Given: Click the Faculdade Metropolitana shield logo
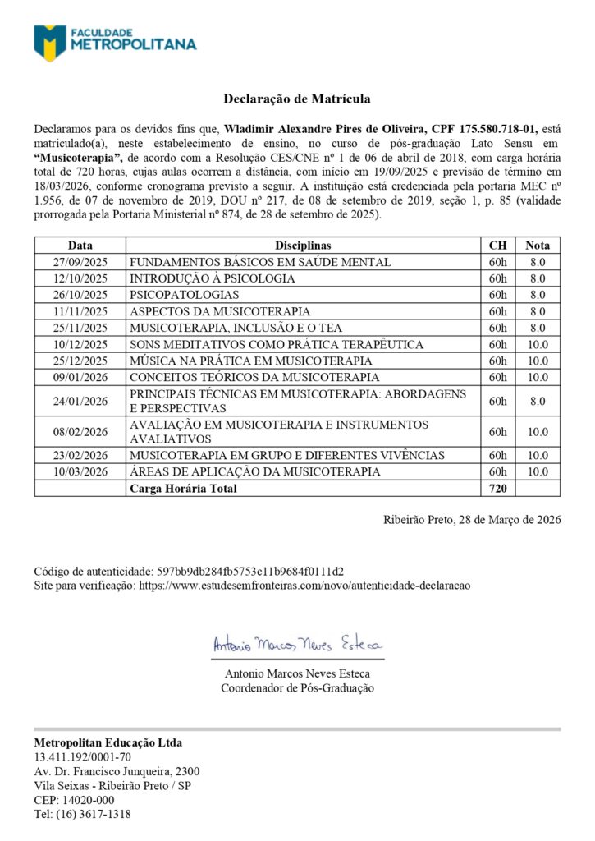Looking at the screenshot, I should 50,43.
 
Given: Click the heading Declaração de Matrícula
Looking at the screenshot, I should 297,99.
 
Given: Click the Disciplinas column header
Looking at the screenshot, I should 303,245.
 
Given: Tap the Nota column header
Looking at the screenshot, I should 538,245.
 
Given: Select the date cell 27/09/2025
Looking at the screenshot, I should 80,262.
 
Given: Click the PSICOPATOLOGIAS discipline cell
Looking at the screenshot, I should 185,295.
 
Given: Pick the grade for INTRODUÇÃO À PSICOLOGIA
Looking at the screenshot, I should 538,278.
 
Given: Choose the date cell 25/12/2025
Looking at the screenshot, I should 80,361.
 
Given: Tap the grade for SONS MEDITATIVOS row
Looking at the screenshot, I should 538,344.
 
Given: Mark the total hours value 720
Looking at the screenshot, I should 497,489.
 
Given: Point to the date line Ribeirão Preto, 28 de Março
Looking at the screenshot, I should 472,520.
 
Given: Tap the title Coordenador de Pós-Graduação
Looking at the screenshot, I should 297,687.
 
